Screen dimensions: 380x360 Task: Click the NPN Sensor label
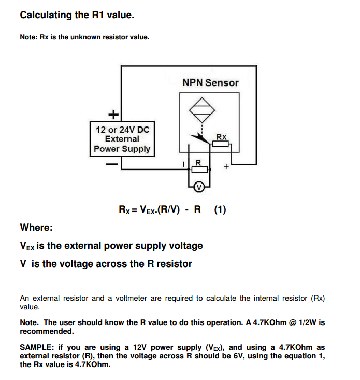pyautogui.click(x=210, y=82)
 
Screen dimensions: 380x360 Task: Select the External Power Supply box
pyautogui.click(x=122, y=139)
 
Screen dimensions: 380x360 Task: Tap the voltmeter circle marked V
pyautogui.click(x=197, y=187)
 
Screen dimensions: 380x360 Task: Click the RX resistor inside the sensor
pyautogui.click(x=221, y=144)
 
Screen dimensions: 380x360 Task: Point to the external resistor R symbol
pyautogui.click(x=199, y=169)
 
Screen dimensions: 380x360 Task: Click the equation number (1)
pyautogui.click(x=220, y=210)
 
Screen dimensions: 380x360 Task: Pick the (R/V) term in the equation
pyautogui.click(x=170, y=210)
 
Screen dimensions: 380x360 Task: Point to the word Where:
pyautogui.click(x=36, y=228)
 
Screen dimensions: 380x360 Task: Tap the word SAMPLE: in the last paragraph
pyautogui.click(x=37, y=347)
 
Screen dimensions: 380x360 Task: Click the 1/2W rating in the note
pyautogui.click(x=304, y=322)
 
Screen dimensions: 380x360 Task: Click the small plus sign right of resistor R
pyautogui.click(x=226, y=167)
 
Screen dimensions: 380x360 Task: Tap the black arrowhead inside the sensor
pyautogui.click(x=194, y=137)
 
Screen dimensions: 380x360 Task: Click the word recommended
pyautogui.click(x=47, y=331)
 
